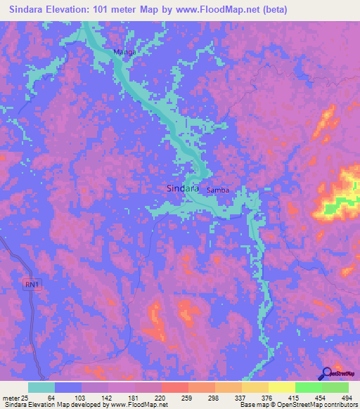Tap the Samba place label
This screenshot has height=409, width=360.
[218, 190]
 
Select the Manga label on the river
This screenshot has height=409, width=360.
[124, 52]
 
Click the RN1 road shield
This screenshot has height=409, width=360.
[28, 283]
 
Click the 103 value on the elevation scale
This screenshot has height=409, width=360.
[81, 398]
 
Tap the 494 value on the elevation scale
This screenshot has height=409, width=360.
[347, 398]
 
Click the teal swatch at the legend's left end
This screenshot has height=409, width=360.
[41, 387]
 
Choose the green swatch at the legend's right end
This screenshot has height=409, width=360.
[335, 387]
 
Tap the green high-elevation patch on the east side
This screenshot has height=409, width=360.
[342, 204]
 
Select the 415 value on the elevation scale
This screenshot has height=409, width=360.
[296, 398]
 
